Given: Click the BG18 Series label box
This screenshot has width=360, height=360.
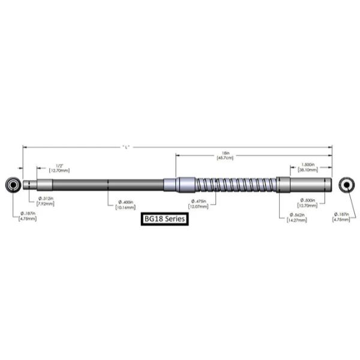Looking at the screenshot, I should [165, 220].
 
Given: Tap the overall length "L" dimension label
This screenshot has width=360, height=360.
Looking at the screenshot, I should [126, 146].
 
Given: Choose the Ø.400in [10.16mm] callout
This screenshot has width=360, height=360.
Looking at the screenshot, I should [125, 205].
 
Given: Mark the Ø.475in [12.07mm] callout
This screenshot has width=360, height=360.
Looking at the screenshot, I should [199, 204].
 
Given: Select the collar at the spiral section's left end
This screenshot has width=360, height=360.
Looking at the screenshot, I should [185, 184].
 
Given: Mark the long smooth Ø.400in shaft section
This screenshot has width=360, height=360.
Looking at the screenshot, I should [108, 184].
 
